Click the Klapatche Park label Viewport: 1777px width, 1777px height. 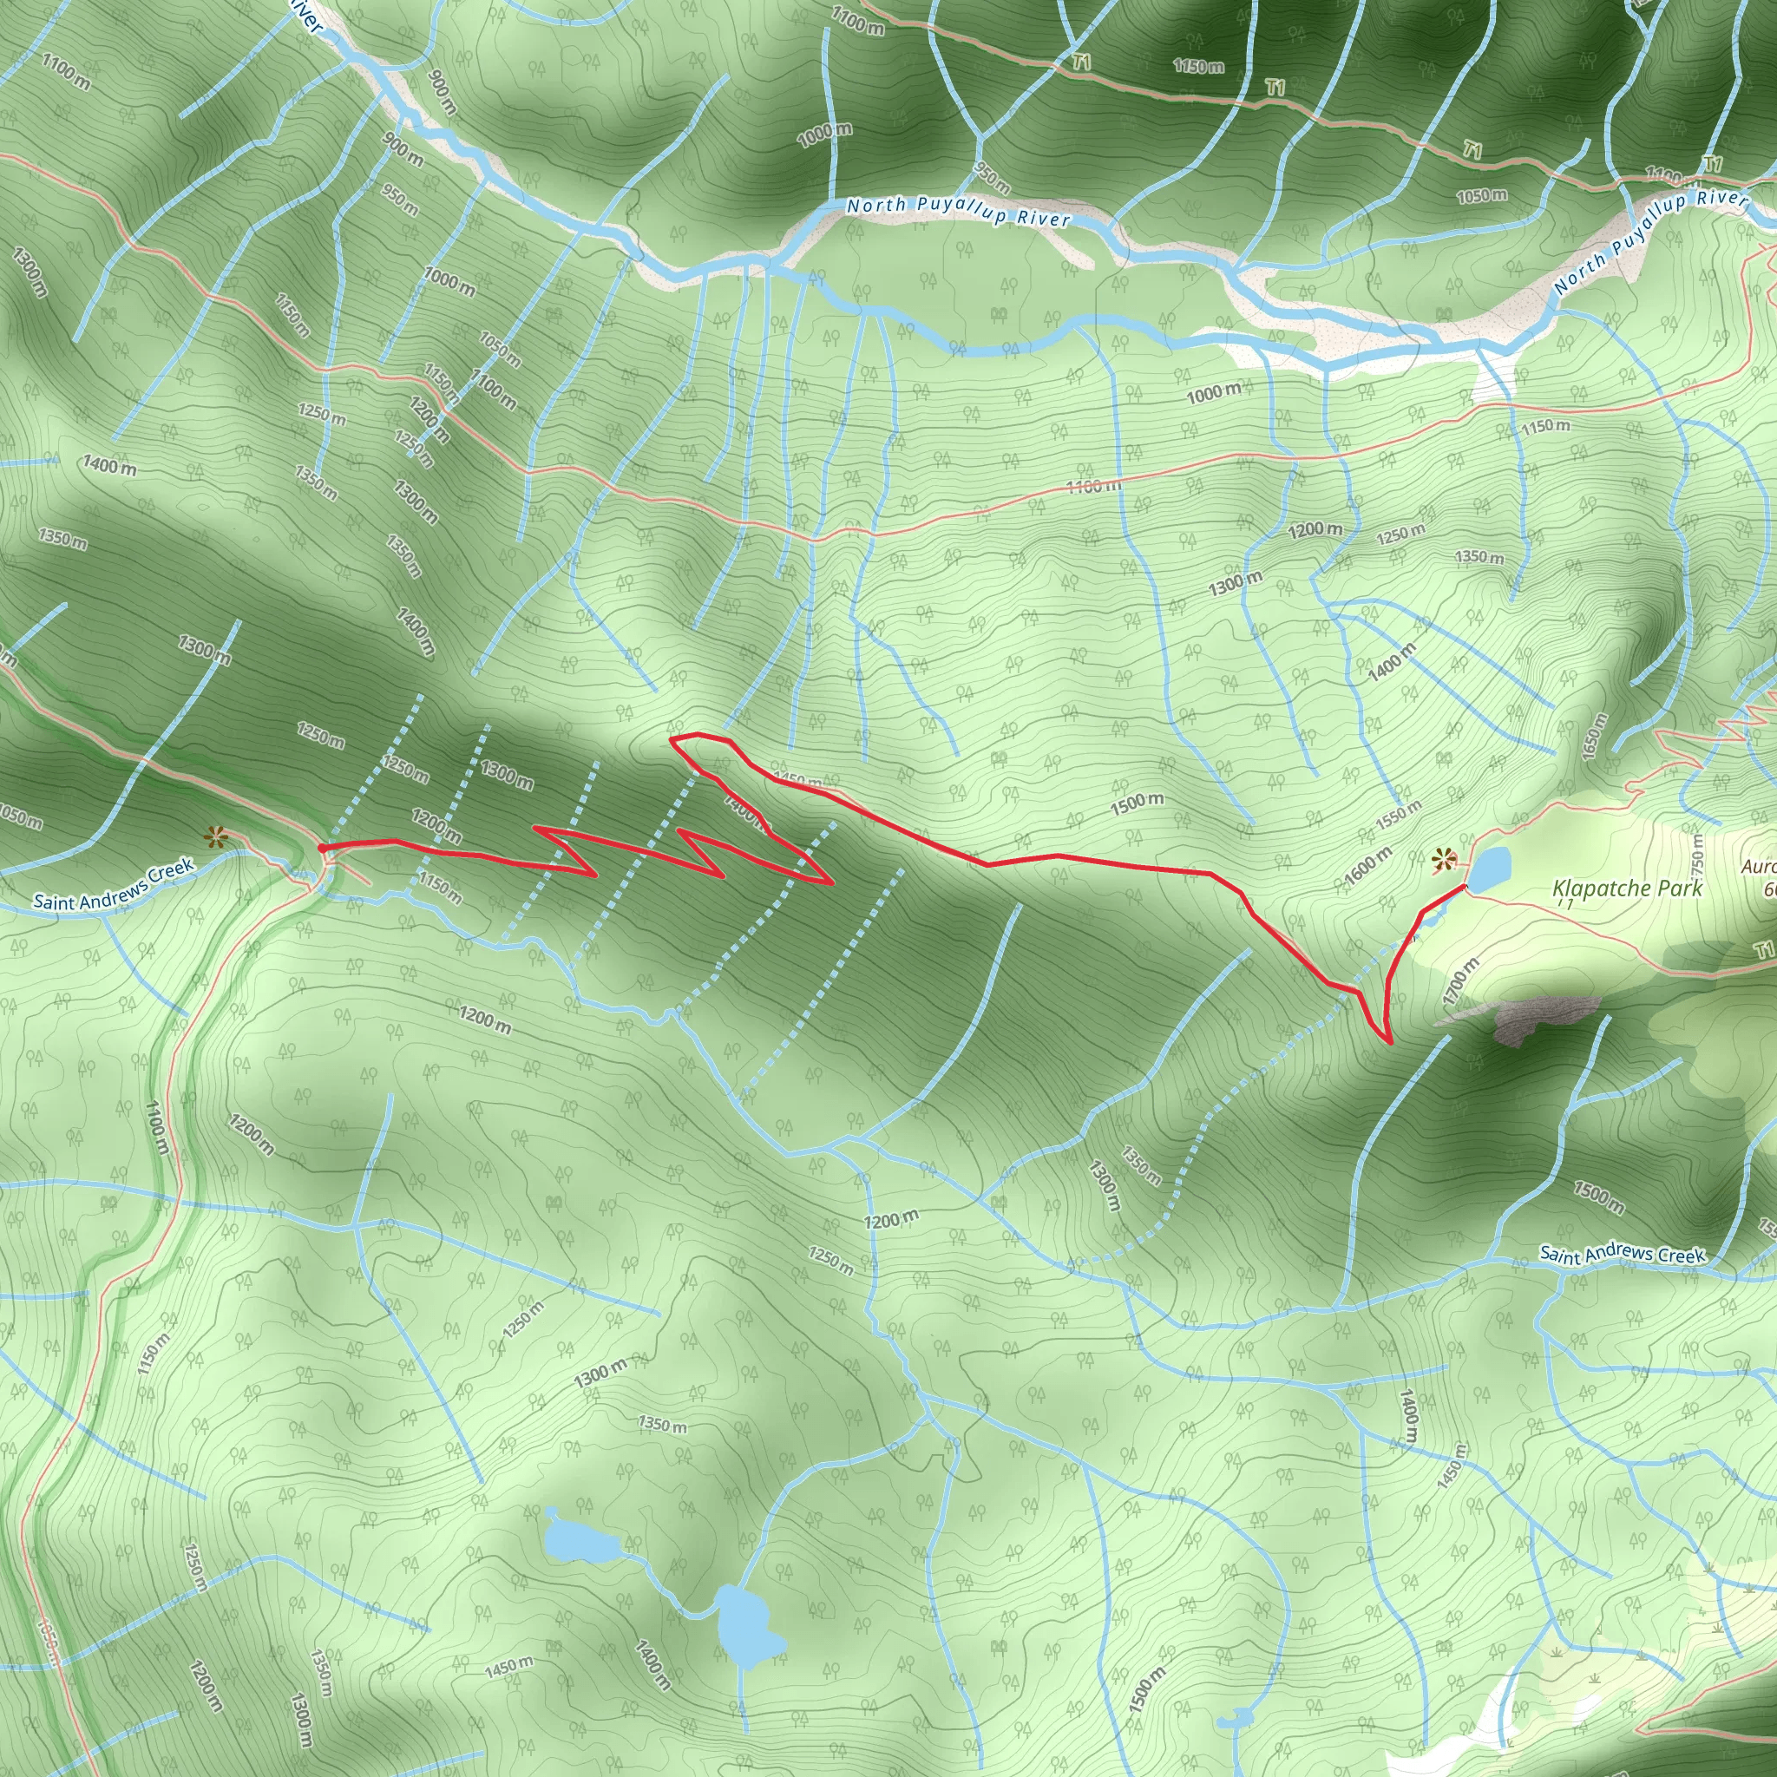[1627, 888]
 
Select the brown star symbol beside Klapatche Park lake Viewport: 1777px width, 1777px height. [1444, 862]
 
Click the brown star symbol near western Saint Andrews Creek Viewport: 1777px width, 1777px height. [215, 836]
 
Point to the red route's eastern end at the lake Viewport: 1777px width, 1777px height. [1465, 888]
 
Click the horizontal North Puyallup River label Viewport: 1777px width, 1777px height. [959, 212]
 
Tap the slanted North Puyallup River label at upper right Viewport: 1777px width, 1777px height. [1650, 240]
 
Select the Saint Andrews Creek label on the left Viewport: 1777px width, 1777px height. [113, 883]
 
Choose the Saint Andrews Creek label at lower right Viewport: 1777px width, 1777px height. [1623, 1255]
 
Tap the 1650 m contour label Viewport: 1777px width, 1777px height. [1595, 736]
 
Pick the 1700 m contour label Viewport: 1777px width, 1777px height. [1460, 980]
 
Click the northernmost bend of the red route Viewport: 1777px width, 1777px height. [685, 736]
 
